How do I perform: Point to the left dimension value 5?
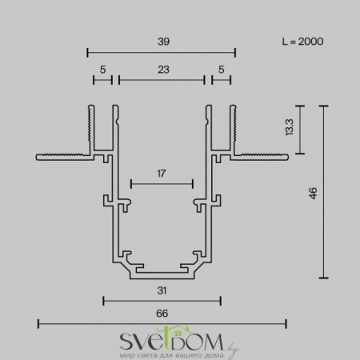(x=102, y=70)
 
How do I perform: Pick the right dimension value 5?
(x=221, y=70)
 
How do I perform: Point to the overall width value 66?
(x=162, y=314)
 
